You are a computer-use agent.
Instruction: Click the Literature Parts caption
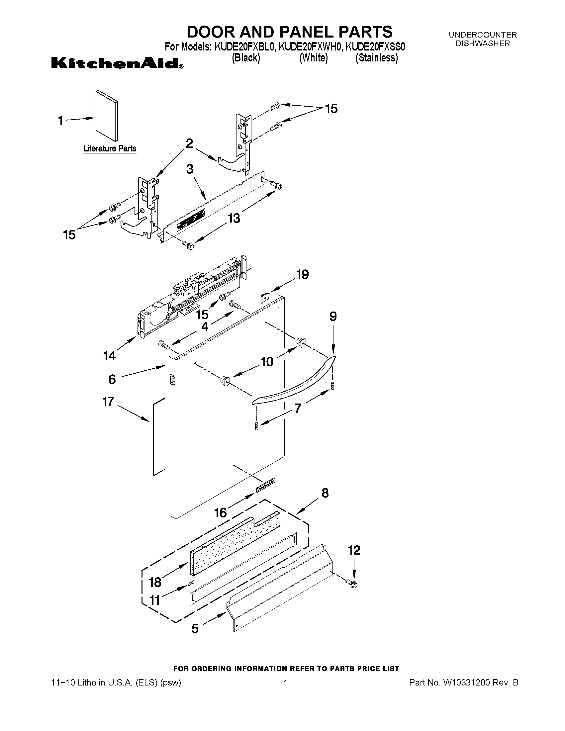tap(110, 148)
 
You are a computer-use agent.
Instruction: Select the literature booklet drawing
tap(106, 116)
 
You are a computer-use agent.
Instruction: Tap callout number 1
tap(60, 120)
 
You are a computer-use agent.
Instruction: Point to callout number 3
tap(190, 169)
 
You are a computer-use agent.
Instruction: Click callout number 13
tap(234, 218)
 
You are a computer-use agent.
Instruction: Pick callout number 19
tap(302, 274)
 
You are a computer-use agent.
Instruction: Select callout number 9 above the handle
tap(333, 316)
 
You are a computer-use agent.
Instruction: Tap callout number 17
tap(108, 401)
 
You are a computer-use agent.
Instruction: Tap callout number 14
tap(110, 356)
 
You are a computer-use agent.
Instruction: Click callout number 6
tap(112, 379)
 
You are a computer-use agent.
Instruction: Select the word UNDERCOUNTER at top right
tap(483, 35)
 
